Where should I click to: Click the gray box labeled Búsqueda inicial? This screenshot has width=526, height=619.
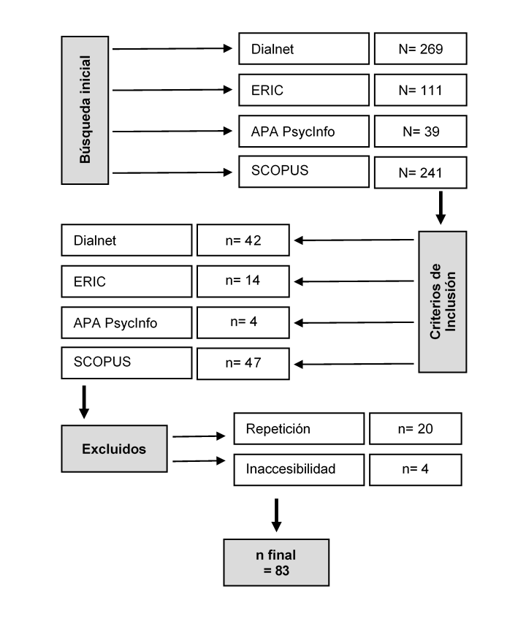[x=85, y=110]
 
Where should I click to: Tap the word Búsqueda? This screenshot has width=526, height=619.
[x=85, y=136]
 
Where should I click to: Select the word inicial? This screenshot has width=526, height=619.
[x=85, y=78]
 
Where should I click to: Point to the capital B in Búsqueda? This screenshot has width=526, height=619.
[x=85, y=158]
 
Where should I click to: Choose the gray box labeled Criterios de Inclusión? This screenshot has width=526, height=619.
[x=442, y=301]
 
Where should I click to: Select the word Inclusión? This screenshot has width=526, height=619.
[x=450, y=301]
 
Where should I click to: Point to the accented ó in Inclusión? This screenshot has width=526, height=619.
[x=450, y=281]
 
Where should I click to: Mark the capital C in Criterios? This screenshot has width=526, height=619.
[x=435, y=335]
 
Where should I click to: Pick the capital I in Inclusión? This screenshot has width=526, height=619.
[x=450, y=329]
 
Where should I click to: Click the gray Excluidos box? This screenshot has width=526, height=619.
[x=114, y=449]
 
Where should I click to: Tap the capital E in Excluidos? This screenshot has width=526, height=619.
[x=86, y=449]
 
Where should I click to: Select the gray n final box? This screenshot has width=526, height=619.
[x=276, y=563]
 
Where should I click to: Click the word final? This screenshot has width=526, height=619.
[x=282, y=555]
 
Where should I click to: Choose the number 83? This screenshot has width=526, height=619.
[x=282, y=571]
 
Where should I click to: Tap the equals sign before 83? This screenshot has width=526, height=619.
[x=267, y=571]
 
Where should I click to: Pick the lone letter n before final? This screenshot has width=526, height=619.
[x=261, y=555]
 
